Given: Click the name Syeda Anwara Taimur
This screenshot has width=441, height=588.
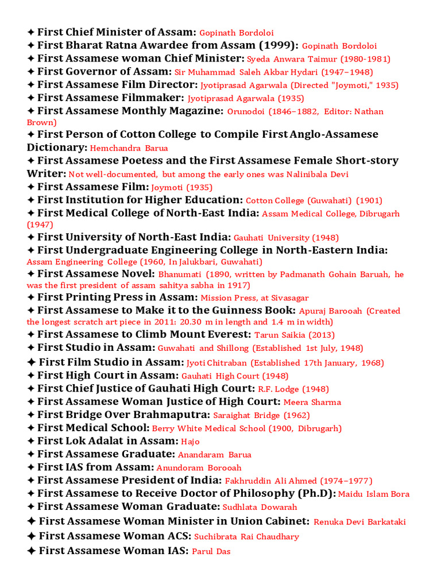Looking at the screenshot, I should coord(283,59).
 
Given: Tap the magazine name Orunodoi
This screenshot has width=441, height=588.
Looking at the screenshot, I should coord(246,111).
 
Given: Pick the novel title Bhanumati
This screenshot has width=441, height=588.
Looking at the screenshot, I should coord(180,275).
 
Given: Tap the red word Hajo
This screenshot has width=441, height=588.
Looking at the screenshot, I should coord(190,442).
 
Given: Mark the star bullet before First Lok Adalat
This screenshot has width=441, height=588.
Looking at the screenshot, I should coord(31,441).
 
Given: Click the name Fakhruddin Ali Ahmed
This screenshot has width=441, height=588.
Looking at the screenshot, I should coord(271,481).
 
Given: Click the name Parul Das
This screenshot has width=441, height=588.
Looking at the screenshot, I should coord(211,552).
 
